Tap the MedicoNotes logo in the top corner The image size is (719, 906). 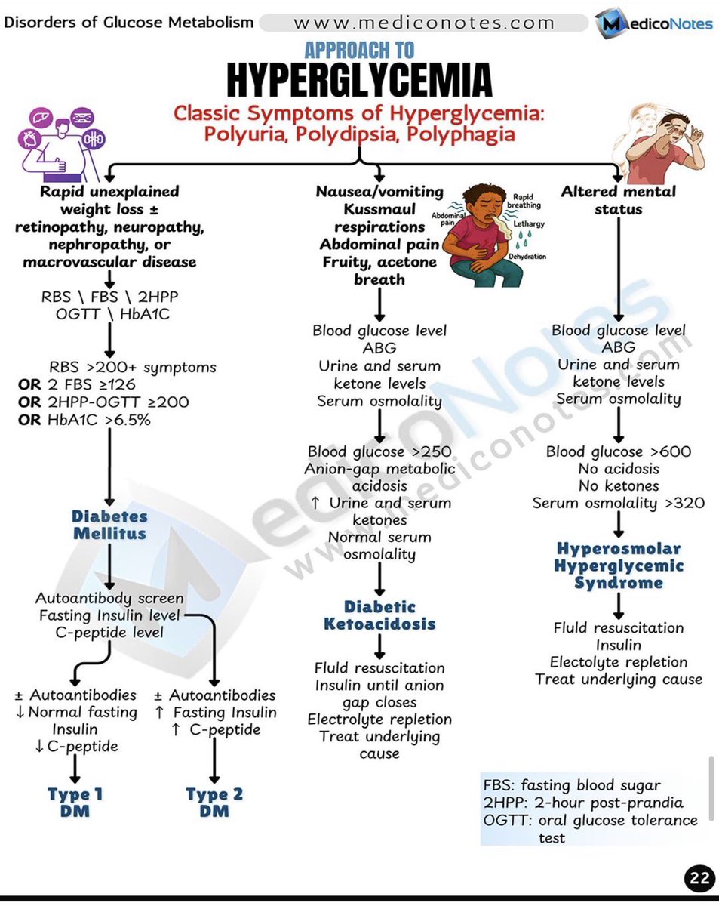point(654,23)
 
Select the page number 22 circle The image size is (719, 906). point(698,878)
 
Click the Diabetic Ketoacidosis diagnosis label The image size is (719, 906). point(379,615)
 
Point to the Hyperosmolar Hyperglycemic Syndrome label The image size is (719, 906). point(619,565)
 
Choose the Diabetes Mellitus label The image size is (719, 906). point(109,525)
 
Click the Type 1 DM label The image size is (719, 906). point(75,802)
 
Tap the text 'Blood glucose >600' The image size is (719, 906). point(619,451)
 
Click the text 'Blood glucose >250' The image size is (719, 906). point(379,451)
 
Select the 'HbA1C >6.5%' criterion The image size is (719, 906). point(84,420)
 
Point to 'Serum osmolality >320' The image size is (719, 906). point(619,503)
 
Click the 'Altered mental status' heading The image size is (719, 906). point(618,199)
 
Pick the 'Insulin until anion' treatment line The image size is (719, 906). point(379,685)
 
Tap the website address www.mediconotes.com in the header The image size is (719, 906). point(424,23)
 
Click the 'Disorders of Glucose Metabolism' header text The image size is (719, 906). point(129,22)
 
